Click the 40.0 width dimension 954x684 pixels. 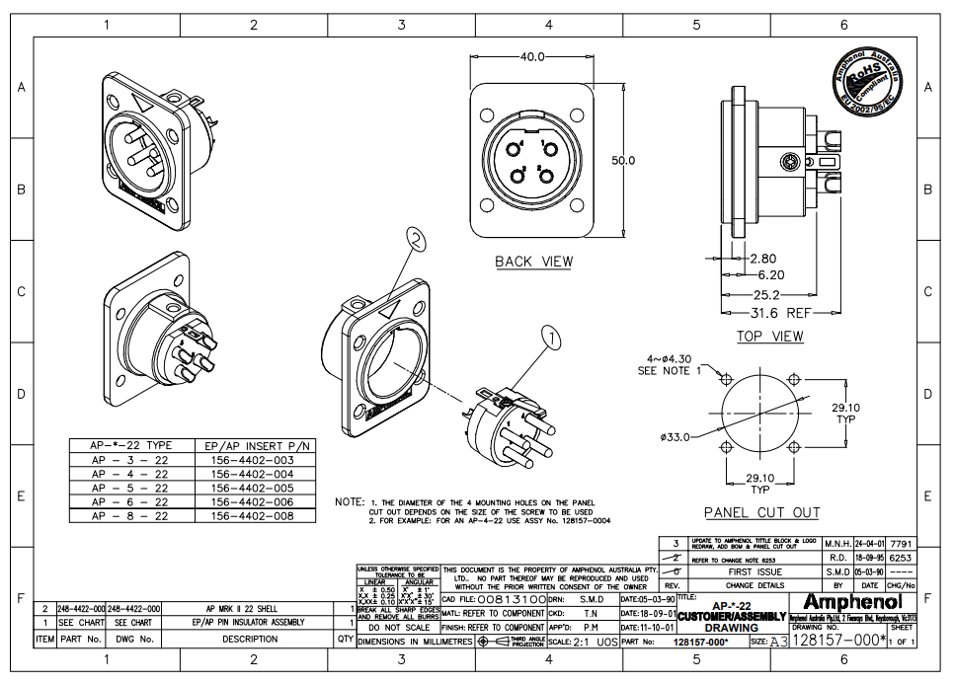click(532, 56)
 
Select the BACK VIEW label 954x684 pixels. click(533, 262)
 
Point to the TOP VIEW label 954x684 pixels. click(769, 337)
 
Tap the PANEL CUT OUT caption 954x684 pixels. click(761, 512)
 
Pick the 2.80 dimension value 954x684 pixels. click(763, 259)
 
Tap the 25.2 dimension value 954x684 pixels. click(766, 295)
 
